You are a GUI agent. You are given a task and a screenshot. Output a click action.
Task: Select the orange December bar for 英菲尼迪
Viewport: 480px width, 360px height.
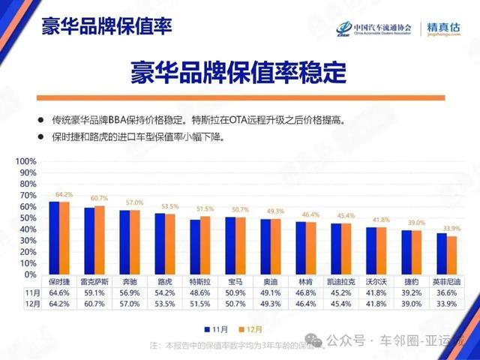pyautogui.click(x=452, y=255)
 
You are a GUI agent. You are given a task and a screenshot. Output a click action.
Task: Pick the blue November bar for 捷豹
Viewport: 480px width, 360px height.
pyautogui.click(x=406, y=252)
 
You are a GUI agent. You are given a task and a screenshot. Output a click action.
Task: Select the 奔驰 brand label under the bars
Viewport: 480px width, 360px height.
pyautogui.click(x=130, y=281)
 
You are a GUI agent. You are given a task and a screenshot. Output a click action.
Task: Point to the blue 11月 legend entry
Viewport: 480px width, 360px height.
pyautogui.click(x=217, y=328)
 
